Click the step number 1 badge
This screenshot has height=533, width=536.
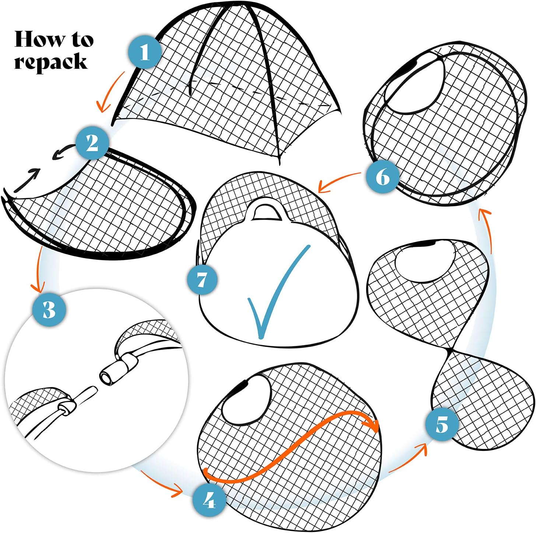[145, 52]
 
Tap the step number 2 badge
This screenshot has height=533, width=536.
[92, 143]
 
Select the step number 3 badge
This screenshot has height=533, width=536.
[49, 309]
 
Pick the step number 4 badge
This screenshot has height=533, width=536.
[209, 501]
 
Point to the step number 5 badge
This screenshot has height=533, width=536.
[442, 424]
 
